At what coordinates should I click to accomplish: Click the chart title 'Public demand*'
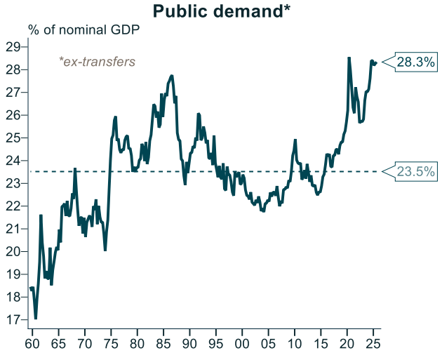221,11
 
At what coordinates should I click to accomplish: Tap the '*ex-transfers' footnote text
98,62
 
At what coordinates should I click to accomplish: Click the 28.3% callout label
416,62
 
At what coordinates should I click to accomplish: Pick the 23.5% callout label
416,171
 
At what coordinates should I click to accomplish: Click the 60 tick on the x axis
32,345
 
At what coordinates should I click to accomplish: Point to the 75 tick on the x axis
110,345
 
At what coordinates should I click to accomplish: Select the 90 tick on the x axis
189,345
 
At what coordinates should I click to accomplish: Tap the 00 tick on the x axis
242,345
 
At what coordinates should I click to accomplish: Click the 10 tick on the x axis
295,345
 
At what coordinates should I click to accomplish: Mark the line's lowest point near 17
36,319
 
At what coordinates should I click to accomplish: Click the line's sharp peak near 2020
349,58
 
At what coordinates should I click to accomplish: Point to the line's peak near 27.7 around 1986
172,75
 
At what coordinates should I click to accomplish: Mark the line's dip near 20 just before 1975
105,250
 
